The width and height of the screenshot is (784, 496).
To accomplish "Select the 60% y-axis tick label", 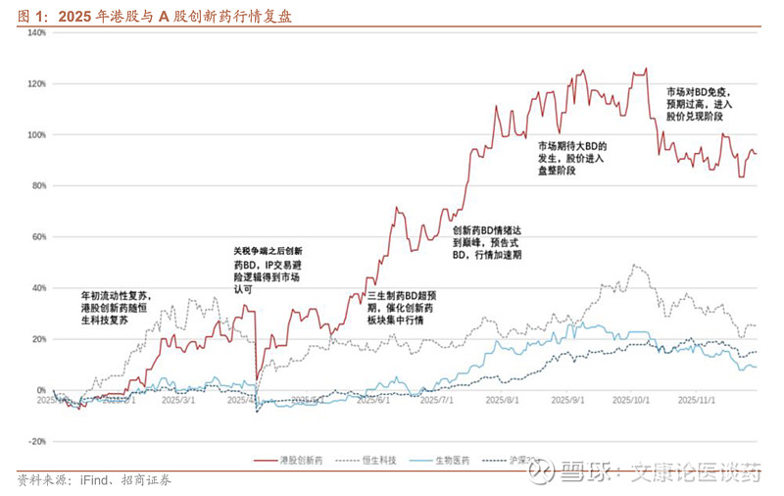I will (x=37, y=236).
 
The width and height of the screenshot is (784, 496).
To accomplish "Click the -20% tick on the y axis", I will (x=36, y=441).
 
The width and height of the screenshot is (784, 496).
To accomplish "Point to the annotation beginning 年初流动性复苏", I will (x=117, y=309).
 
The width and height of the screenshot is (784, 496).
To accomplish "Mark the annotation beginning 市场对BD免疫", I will (x=699, y=103).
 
